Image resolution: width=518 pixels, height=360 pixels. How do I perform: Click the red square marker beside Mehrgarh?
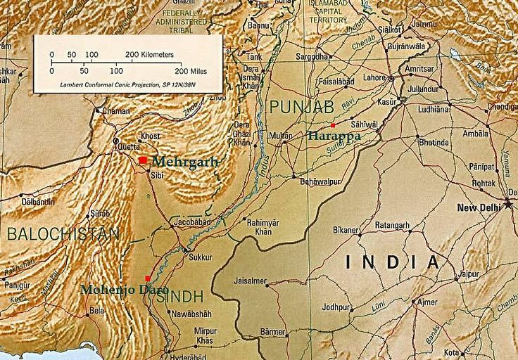click(x=143, y=161)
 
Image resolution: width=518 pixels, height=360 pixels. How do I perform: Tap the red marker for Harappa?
click(x=333, y=125)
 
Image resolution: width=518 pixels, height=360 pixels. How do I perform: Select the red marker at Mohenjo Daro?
click(x=147, y=278)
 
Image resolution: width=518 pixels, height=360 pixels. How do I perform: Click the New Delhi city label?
click(x=479, y=208)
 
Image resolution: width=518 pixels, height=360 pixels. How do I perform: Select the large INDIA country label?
click(x=393, y=262)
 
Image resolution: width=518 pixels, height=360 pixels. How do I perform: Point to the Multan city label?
click(x=280, y=134)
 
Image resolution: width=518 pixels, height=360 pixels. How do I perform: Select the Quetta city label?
click(x=117, y=148)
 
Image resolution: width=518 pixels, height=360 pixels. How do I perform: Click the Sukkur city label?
click(x=201, y=257)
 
